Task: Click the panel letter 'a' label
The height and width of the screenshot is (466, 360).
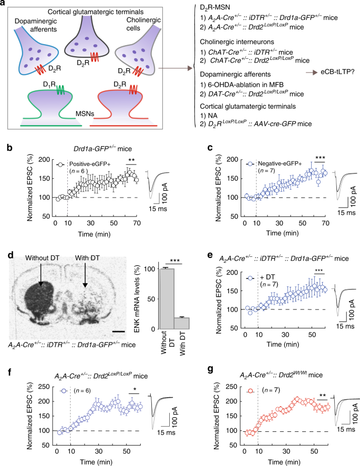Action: click(x=5, y=4)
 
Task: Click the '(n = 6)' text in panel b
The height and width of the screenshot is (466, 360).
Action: click(x=79, y=171)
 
